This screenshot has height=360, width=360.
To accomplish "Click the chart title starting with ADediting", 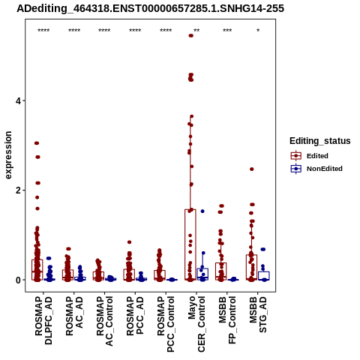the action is (150, 8).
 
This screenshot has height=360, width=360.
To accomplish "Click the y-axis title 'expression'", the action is (8, 155).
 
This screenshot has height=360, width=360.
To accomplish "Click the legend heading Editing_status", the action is (320, 141).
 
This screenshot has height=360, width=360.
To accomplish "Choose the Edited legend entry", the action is (310, 156).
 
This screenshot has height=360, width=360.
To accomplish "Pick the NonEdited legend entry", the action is (316, 169).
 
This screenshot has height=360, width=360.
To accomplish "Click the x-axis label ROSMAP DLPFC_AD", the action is (43, 320).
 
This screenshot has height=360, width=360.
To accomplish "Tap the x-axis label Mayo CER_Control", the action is (196, 324).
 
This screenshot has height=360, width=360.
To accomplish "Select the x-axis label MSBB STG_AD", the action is (258, 315).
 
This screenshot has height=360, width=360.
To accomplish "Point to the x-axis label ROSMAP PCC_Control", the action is (166, 324).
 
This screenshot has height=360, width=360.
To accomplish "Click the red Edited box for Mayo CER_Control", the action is (190, 244).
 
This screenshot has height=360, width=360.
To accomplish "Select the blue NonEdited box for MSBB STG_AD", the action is (264, 276).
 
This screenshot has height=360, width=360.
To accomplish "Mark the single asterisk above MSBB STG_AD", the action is (258, 31).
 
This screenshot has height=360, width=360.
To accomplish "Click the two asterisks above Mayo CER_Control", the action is (196, 31).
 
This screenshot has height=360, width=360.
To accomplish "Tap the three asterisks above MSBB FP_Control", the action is (227, 31).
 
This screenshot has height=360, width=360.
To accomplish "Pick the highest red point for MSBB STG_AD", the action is (252, 169).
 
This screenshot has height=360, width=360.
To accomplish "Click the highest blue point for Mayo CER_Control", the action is (202, 211).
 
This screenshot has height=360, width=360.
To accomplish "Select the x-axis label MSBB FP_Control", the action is (227, 320).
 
